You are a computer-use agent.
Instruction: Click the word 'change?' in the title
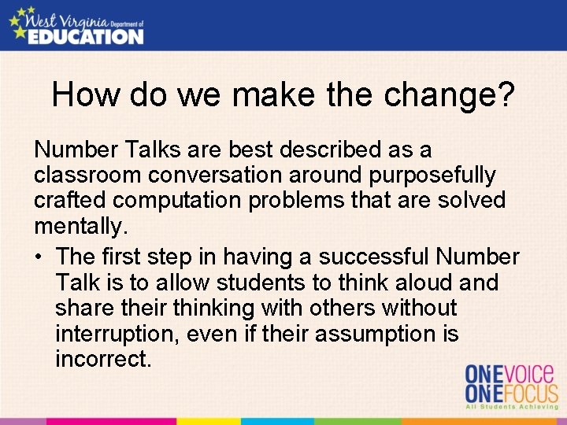coord(450,95)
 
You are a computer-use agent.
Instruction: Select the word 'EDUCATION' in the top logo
coord(87,35)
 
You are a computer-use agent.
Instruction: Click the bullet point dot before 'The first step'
coord(39,257)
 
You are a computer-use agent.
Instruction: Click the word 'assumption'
coord(373,334)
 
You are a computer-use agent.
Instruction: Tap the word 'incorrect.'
coord(103,360)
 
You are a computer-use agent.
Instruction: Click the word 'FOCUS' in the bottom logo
coord(529,394)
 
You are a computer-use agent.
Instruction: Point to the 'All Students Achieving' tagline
coord(511,408)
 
